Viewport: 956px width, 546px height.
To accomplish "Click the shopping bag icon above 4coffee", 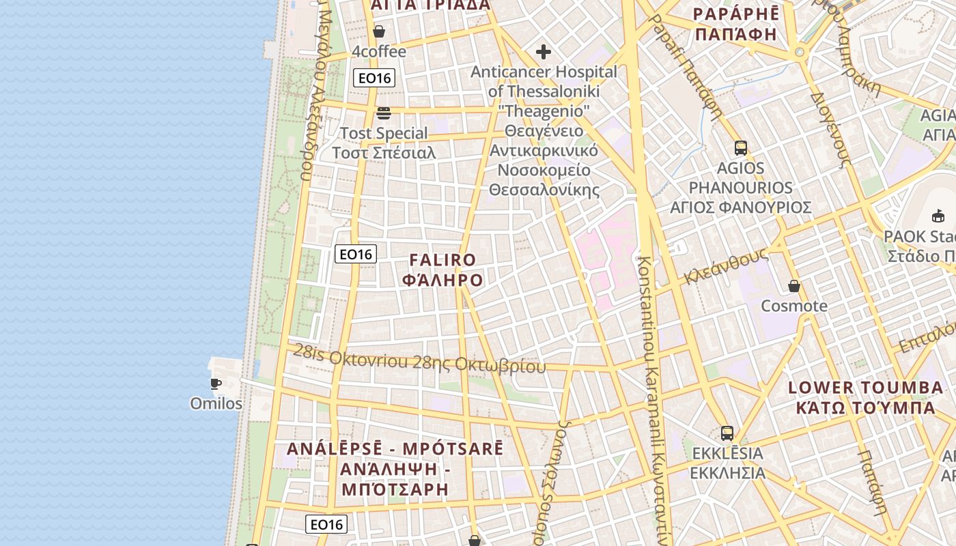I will click(379, 31).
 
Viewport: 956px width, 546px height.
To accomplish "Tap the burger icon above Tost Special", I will click(384, 113).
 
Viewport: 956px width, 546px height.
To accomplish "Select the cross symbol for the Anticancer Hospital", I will click(544, 52).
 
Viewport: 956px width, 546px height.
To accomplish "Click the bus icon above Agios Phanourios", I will click(741, 147).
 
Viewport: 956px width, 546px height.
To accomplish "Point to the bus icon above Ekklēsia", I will click(727, 433).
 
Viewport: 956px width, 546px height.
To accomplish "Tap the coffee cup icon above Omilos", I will click(216, 384).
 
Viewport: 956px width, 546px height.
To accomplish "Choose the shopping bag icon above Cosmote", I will click(794, 286).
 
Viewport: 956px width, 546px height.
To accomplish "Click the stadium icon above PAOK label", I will click(938, 216).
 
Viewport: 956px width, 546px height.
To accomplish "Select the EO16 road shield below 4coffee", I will click(374, 78).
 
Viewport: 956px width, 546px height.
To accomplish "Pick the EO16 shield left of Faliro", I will click(356, 255).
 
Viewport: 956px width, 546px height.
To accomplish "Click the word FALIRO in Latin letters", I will click(442, 260).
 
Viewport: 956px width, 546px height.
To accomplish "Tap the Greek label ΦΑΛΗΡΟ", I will click(442, 280).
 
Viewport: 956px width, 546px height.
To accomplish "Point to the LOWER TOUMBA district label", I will click(865, 388).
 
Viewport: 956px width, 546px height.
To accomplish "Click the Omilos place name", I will click(216, 403).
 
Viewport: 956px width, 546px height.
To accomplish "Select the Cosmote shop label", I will click(794, 306).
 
